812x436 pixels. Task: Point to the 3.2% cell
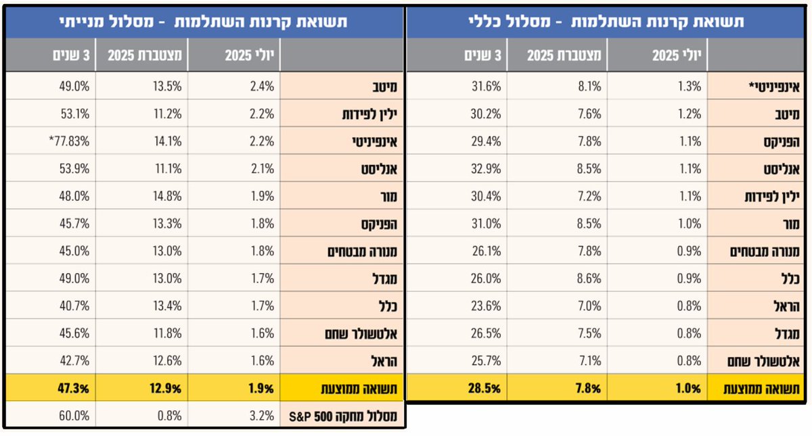pos(261,415)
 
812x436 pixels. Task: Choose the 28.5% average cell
pos(484,388)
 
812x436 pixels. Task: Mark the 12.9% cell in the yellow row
pos(166,388)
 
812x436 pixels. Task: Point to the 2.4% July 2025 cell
pos(261,87)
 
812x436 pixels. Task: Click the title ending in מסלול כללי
pos(606,22)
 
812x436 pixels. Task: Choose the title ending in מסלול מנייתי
pos(203,21)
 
